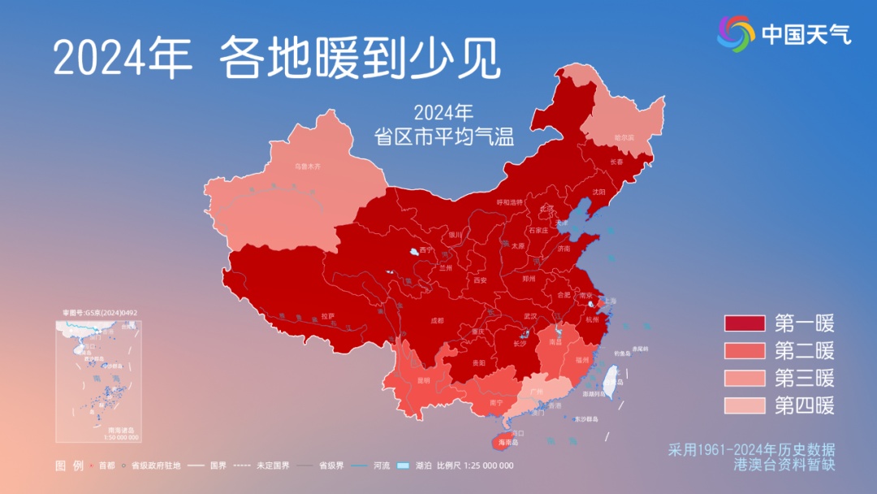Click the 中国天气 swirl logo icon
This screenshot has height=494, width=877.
coord(736,32)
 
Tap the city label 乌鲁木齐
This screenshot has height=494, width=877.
coord(307,166)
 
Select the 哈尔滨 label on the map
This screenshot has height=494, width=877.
coord(624,138)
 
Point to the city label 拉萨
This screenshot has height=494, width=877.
coord(327,315)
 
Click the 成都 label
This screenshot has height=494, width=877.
coord(436,320)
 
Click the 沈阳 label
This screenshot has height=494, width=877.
coord(598,192)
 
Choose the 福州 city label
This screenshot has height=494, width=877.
coord(581,358)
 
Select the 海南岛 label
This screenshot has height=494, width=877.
coord(508,443)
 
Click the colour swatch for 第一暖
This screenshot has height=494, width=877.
coord(745,324)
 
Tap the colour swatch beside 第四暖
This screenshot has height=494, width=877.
coord(745,405)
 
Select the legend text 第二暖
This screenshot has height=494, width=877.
coord(804,351)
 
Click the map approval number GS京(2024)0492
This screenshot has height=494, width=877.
coord(99,312)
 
